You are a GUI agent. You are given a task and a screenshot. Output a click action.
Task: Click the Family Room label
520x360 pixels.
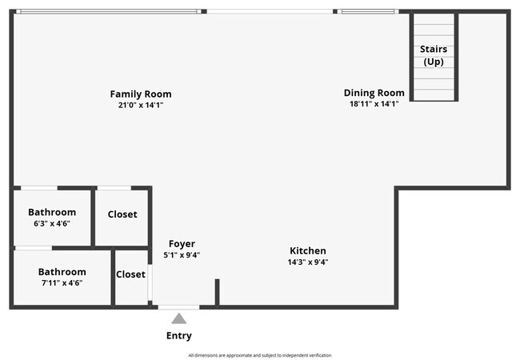pyautogui.click(x=141, y=94)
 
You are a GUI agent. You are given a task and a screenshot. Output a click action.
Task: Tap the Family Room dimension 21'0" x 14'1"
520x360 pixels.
pyautogui.click(x=141, y=104)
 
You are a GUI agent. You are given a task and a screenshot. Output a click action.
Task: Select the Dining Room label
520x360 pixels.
pyautogui.click(x=374, y=93)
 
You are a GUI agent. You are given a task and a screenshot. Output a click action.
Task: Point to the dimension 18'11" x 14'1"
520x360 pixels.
pyautogui.click(x=374, y=103)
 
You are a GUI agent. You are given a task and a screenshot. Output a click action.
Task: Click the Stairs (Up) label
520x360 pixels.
pyautogui.click(x=434, y=54)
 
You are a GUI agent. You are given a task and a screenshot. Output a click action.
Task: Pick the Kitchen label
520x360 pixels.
pyautogui.click(x=308, y=250)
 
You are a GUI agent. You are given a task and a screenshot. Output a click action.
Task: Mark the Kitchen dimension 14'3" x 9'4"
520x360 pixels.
pyautogui.click(x=308, y=262)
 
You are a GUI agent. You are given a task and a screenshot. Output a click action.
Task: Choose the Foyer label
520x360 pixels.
pyautogui.click(x=182, y=244)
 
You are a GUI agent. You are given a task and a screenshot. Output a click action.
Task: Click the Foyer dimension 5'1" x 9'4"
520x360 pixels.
pyautogui.click(x=182, y=255)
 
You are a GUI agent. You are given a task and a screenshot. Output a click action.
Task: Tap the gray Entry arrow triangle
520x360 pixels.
pyautogui.click(x=179, y=318)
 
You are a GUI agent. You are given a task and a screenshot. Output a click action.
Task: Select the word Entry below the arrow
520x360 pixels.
pyautogui.click(x=179, y=335)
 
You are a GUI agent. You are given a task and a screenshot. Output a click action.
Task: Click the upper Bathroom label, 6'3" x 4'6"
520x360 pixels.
pyautogui.click(x=52, y=212)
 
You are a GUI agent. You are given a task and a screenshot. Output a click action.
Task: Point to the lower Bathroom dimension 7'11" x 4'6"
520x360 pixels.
pyautogui.click(x=62, y=282)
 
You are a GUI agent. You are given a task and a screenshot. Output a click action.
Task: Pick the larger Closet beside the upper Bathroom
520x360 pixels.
pyautogui.click(x=122, y=214)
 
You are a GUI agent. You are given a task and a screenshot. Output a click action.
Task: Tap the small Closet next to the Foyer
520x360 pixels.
pyautogui.click(x=130, y=274)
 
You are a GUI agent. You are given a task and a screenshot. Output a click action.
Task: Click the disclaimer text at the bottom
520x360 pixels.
pyautogui.click(x=259, y=355)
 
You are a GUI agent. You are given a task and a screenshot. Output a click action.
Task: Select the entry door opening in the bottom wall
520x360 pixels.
pyautogui.click(x=178, y=306)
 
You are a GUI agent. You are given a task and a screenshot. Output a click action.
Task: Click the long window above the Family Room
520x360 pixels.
pyautogui.click(x=108, y=11)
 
